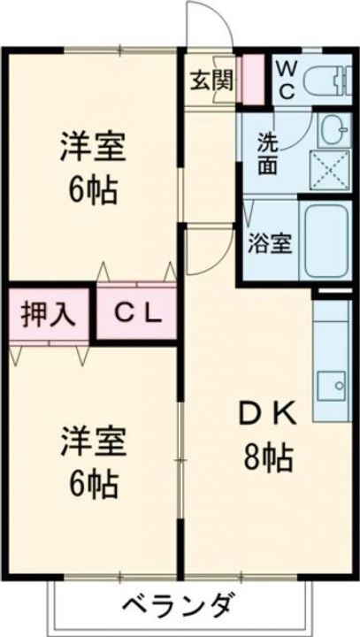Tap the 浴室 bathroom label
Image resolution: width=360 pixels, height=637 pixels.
point(270,242)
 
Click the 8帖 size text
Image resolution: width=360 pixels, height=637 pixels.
point(270,458)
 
